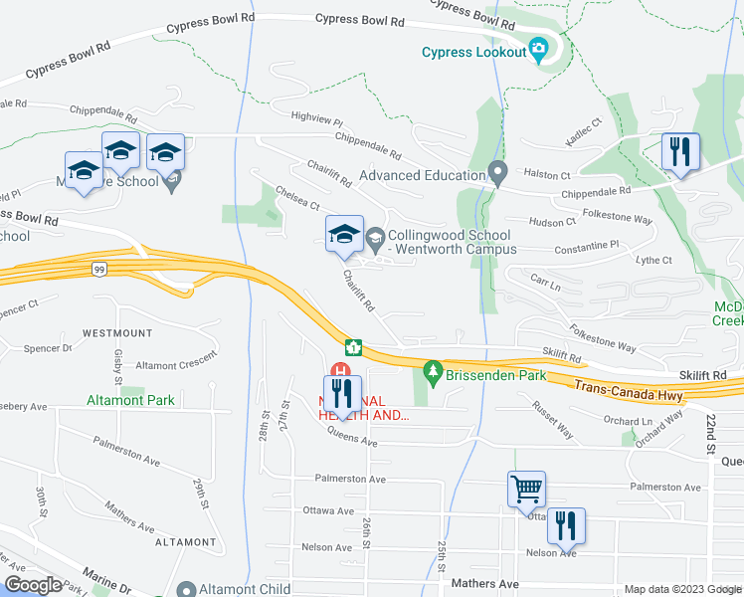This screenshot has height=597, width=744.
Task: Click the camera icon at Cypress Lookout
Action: (538, 47)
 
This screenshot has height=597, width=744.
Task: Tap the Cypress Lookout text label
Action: (472, 53)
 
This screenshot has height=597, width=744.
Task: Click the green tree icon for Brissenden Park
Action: (432, 372)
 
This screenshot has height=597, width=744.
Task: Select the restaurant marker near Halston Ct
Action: (680, 152)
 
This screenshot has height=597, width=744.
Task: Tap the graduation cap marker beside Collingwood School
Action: (344, 234)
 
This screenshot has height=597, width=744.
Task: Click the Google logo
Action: (32, 585)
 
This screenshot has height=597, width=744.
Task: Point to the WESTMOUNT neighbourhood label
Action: (117, 332)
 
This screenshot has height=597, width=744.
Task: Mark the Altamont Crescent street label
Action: (176, 365)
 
